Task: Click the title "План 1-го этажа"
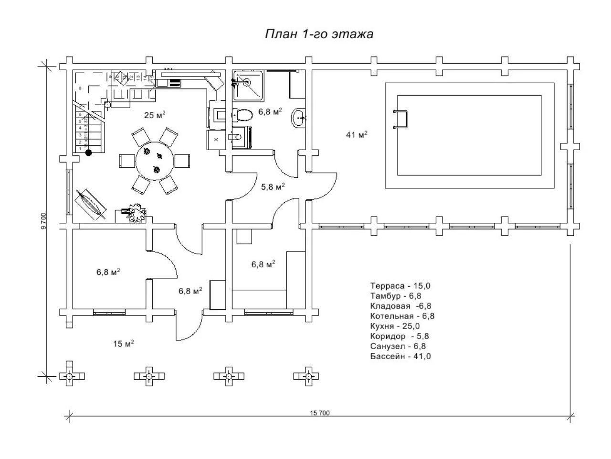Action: [319, 34]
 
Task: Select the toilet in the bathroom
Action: [242, 115]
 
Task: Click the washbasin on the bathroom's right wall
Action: [299, 117]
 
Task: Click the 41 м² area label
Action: [357, 135]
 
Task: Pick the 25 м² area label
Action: [155, 115]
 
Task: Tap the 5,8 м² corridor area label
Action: [273, 187]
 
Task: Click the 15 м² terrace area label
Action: [123, 344]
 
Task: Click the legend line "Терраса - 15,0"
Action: [400, 286]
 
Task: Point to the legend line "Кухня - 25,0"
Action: [396, 326]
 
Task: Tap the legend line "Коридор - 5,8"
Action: [398, 336]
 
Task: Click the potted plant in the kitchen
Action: [136, 212]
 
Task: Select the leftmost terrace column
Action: [70, 377]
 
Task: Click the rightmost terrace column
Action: [308, 377]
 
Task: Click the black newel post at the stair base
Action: [88, 153]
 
